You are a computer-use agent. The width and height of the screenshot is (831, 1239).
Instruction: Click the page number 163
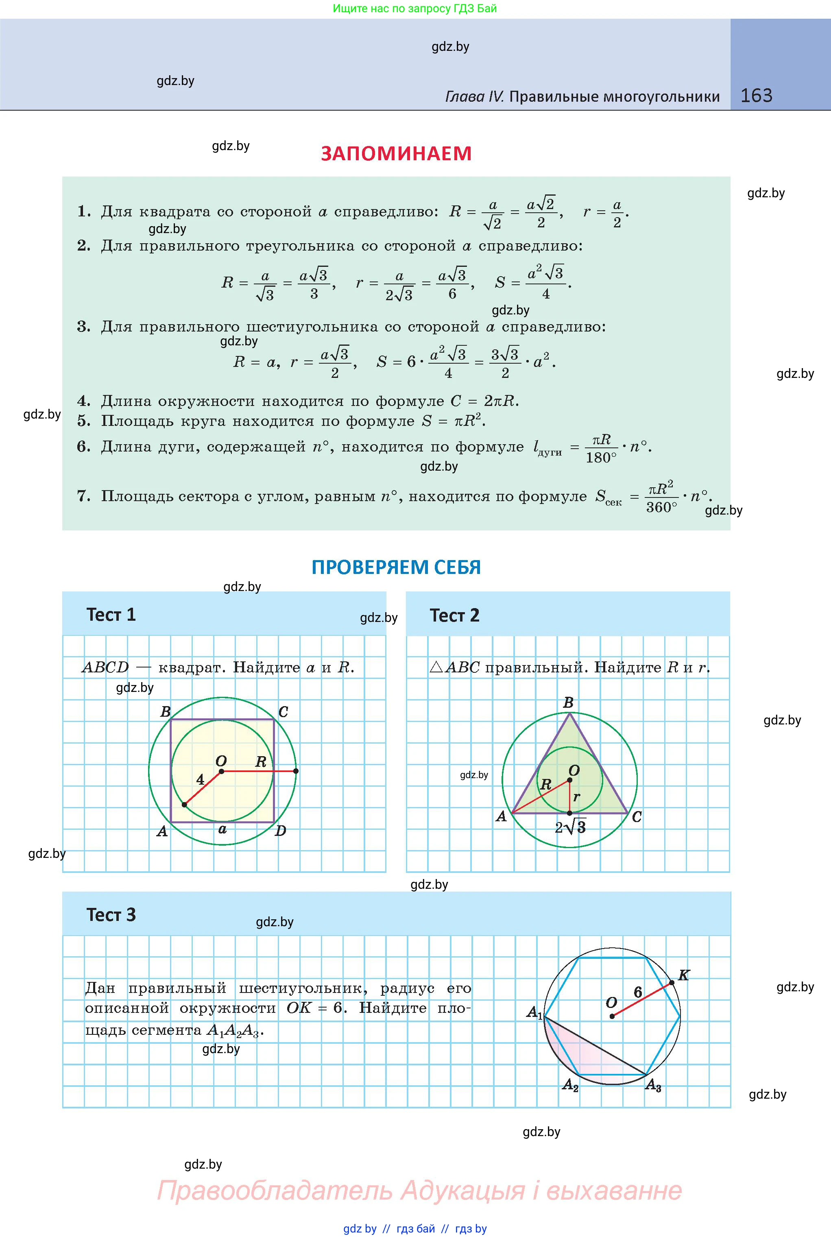point(756,96)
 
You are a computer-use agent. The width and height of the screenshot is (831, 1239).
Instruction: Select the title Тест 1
point(111,615)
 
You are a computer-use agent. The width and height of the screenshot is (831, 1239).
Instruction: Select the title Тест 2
point(454,615)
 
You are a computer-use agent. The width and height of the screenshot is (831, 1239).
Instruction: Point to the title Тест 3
point(111,915)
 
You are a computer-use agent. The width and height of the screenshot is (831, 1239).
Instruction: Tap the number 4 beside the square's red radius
point(200,779)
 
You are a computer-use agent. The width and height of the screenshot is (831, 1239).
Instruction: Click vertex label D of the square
point(280,831)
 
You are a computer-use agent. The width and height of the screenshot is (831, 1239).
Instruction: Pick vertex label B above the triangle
point(568,703)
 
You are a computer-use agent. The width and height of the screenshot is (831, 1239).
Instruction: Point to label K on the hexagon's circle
point(684,975)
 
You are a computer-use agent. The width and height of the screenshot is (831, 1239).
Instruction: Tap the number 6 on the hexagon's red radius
point(637,992)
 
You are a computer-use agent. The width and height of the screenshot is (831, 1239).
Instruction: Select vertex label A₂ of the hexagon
point(570,1085)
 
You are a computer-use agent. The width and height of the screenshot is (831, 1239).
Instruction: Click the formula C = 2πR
point(484,401)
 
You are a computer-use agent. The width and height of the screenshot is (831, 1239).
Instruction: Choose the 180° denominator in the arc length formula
point(601,457)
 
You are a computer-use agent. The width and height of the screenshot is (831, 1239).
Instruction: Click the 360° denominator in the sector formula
point(661,507)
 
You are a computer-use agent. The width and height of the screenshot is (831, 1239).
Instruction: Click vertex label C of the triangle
point(637,817)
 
